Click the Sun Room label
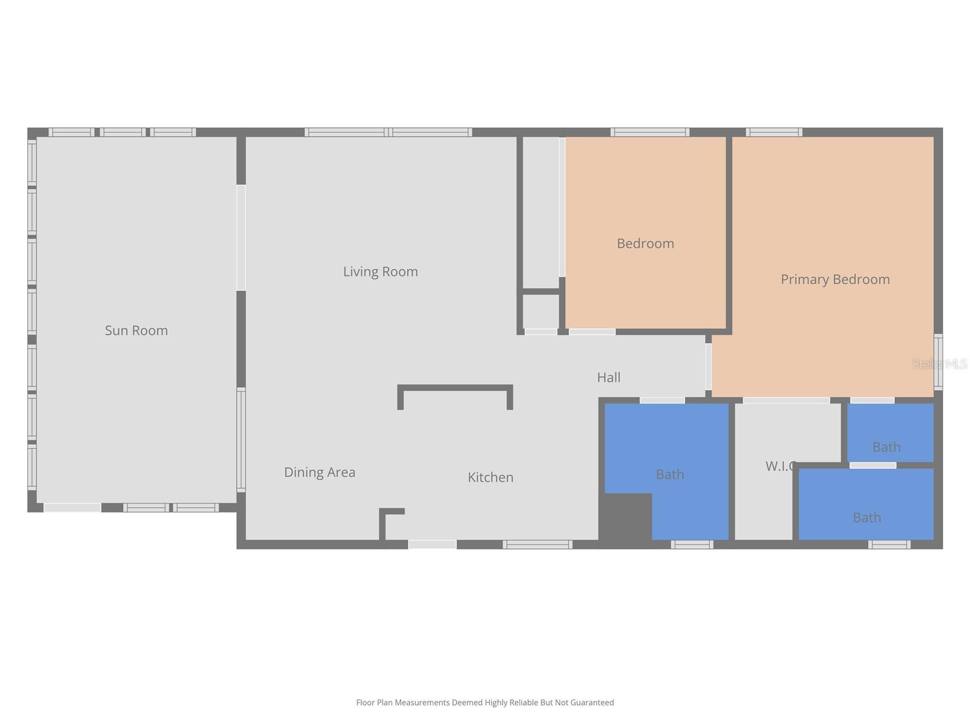(136, 330)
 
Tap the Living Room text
(380, 271)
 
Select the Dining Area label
(319, 472)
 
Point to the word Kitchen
(490, 477)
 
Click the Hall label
(609, 377)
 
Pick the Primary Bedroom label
(835, 279)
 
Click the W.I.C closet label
(780, 466)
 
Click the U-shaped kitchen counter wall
(455, 388)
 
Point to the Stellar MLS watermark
(940, 363)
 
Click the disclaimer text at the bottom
(484, 702)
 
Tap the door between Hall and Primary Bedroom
(708, 367)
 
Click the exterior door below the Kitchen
(432, 545)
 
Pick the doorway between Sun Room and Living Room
(241, 237)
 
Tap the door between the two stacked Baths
(872, 465)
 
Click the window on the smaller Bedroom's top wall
(649, 132)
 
